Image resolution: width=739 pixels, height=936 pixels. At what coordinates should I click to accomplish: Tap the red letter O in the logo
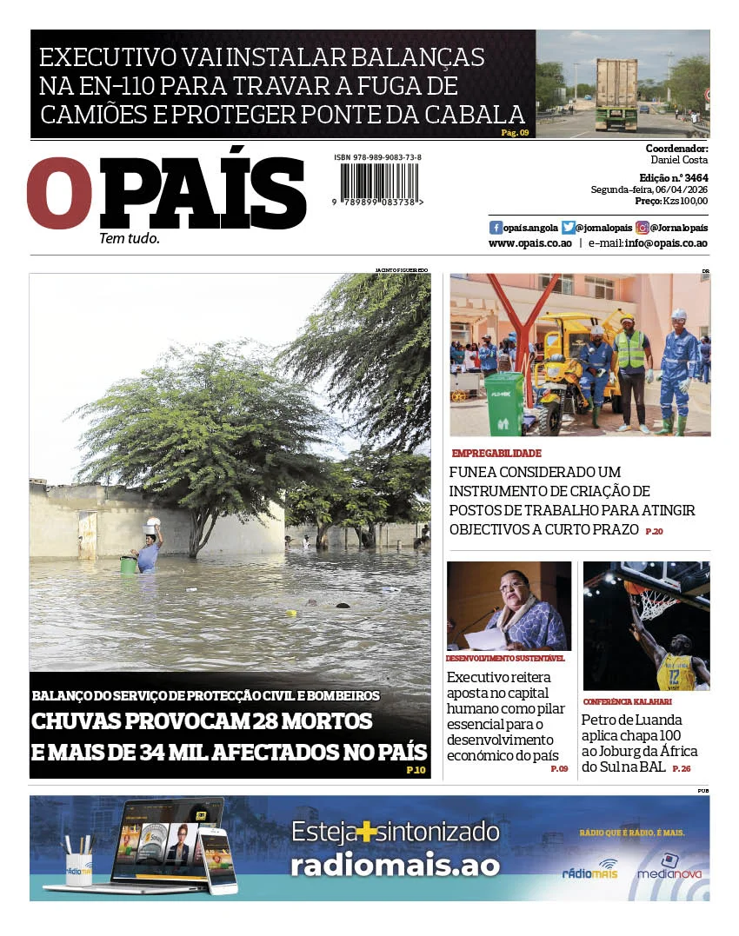pos(58,194)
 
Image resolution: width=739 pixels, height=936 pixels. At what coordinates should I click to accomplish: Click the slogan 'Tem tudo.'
pos(130,238)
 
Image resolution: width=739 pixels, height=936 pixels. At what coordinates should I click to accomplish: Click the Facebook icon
pos(496,228)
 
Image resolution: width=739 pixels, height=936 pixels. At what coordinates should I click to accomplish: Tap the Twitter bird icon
pos(569,228)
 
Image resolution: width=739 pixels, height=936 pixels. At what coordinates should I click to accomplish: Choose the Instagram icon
pos(642,228)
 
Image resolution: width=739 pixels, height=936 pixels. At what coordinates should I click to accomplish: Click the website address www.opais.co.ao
pos(529,243)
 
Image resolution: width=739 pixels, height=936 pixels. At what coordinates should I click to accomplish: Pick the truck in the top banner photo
pos(616,94)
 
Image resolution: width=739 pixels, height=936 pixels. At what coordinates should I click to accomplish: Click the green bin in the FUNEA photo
pos(505,402)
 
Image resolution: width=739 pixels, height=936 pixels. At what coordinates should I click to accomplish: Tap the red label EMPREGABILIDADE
pos(496,454)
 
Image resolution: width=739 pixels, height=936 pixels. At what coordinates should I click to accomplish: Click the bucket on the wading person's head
pos(152,526)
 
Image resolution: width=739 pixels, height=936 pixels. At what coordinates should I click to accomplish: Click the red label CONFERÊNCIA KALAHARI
pos(627,701)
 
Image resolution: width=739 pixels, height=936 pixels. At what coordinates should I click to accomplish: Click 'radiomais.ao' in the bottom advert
pos(395,866)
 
